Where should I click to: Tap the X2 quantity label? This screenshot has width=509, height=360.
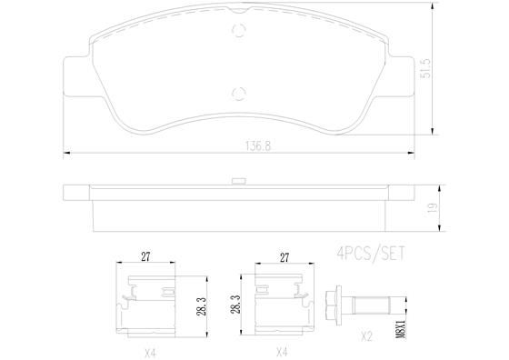pyautogui.click(x=365, y=335)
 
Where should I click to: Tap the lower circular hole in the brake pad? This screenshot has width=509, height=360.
pyautogui.click(x=240, y=91)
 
